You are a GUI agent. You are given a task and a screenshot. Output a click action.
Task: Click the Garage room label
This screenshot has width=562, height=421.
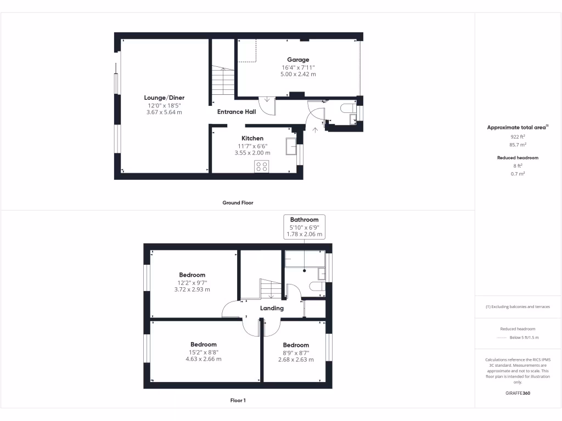pyautogui.click(x=298, y=60)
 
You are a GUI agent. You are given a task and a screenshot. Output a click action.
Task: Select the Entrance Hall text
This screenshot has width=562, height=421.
pyautogui.click(x=237, y=112)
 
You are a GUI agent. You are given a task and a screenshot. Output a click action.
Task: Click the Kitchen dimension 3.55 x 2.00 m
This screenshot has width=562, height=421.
pyautogui.click(x=252, y=153)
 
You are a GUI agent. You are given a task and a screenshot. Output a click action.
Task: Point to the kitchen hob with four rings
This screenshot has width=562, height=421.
pyautogui.click(x=262, y=167)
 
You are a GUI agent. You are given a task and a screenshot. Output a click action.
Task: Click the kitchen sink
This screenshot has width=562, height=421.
pyautogui.click(x=291, y=147)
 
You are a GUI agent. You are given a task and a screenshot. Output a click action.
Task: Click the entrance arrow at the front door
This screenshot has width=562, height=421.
pyautogui.click(x=315, y=130)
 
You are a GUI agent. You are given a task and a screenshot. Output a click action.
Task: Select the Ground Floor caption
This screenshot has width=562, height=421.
pyautogui.click(x=238, y=203)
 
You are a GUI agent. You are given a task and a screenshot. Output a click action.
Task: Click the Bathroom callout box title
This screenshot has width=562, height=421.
pyautogui.click(x=304, y=220)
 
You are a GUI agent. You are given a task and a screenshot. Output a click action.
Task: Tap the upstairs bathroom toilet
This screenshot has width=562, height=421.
pyautogui.click(x=317, y=286)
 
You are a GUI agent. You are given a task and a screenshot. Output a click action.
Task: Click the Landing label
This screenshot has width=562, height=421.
pyautogui.click(x=272, y=308)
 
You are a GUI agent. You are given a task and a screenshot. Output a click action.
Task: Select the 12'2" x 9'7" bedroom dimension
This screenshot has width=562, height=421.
pyautogui.click(x=192, y=283)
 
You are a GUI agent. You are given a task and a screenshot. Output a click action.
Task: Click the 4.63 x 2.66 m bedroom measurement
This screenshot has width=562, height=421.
pyautogui.click(x=203, y=359)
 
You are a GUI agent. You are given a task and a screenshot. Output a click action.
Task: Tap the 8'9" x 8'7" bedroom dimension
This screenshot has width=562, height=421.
pyautogui.click(x=296, y=352)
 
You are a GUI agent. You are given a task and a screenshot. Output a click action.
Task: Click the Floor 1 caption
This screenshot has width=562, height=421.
pyautogui.click(x=238, y=401)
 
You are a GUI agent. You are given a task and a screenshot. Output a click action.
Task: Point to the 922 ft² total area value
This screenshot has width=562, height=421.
pyautogui.click(x=518, y=137)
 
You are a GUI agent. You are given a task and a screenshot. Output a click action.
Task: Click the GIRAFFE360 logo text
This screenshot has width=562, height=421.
pyautogui.click(x=518, y=394)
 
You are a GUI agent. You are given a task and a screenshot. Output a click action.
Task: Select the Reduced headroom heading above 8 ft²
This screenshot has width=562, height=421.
pyautogui.click(x=518, y=158)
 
